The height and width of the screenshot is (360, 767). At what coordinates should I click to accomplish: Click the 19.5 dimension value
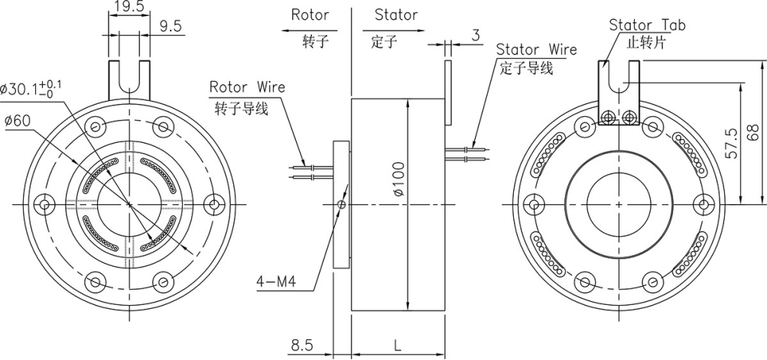(131, 7)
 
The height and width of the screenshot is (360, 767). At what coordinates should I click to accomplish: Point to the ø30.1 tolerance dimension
(34, 88)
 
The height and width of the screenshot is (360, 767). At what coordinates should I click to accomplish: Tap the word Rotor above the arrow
(310, 15)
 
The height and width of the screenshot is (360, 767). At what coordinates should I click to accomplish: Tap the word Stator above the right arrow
(396, 15)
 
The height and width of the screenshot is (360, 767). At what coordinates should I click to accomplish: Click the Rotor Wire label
(247, 86)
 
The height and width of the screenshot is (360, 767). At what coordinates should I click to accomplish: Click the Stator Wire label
(536, 50)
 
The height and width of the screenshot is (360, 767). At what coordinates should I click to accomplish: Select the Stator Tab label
(647, 25)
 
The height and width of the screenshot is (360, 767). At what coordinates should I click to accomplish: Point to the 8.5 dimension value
(302, 345)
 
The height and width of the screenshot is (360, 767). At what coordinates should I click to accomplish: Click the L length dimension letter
(398, 345)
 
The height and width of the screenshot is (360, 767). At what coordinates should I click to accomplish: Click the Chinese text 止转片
(643, 43)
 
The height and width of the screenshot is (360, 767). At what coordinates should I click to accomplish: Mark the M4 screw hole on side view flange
(341, 204)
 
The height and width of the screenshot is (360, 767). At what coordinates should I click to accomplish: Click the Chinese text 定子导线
(526, 69)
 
